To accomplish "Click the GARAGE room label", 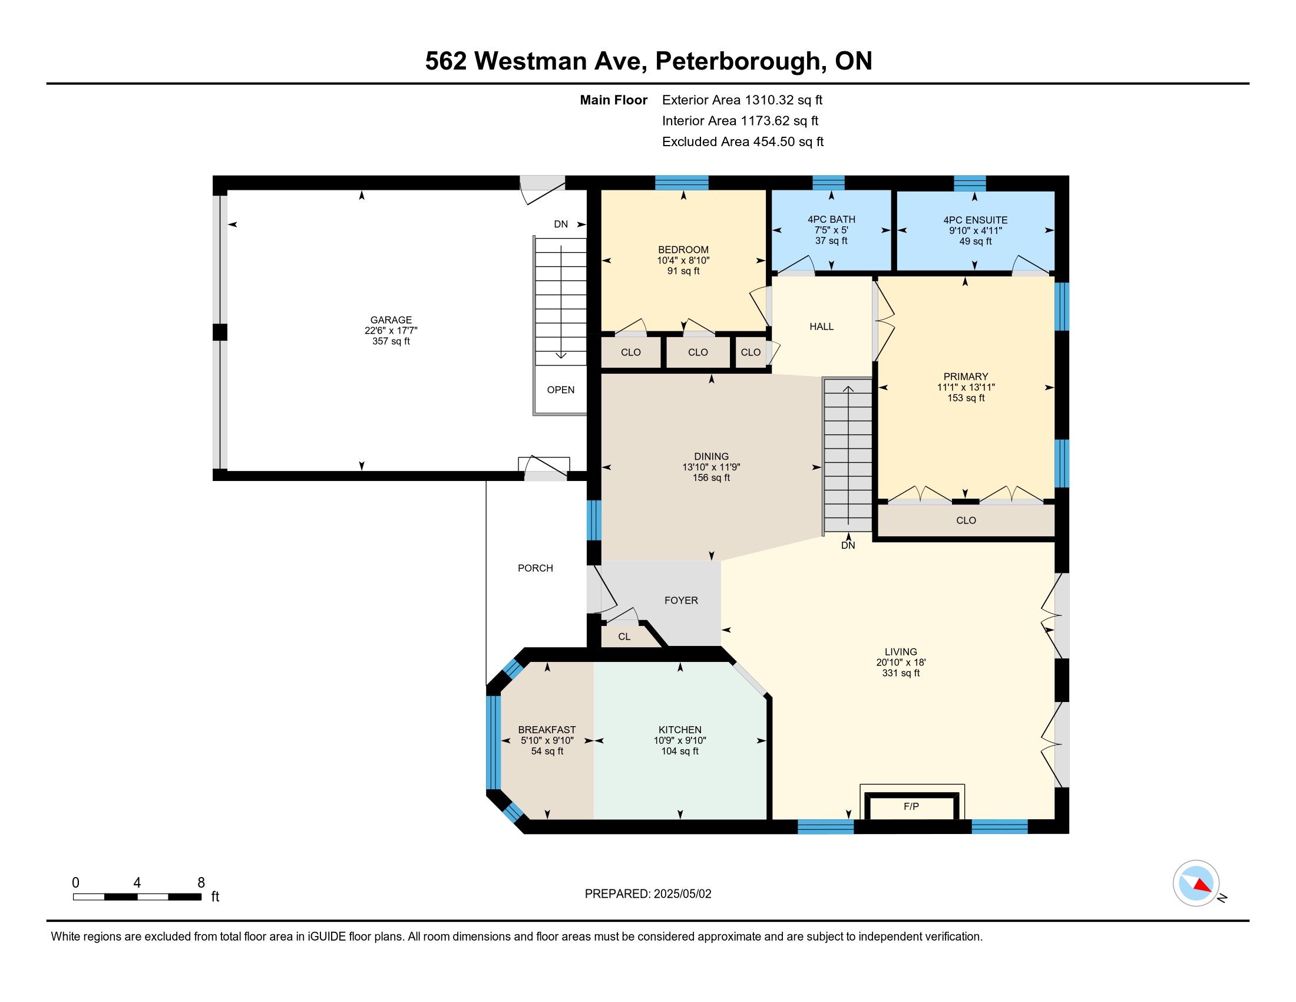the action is [391, 320].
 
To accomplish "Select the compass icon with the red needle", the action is [1196, 883].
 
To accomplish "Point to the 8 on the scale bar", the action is [201, 883].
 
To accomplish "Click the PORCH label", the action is [535, 568].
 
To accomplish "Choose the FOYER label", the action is [681, 600].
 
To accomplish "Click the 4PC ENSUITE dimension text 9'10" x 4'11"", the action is [976, 230].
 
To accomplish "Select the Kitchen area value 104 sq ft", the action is [680, 751].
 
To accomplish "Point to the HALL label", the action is [821, 327].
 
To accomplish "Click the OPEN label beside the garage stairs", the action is [561, 390].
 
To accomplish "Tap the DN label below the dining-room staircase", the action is [848, 545].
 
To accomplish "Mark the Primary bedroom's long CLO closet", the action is [966, 520].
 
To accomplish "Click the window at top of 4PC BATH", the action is [828, 182].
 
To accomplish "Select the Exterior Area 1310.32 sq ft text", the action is [742, 100].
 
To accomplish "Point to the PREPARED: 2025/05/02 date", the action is [648, 894].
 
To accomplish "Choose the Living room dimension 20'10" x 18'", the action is [901, 662].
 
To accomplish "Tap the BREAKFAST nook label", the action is [547, 730].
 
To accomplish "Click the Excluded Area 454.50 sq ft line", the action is [743, 141].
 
